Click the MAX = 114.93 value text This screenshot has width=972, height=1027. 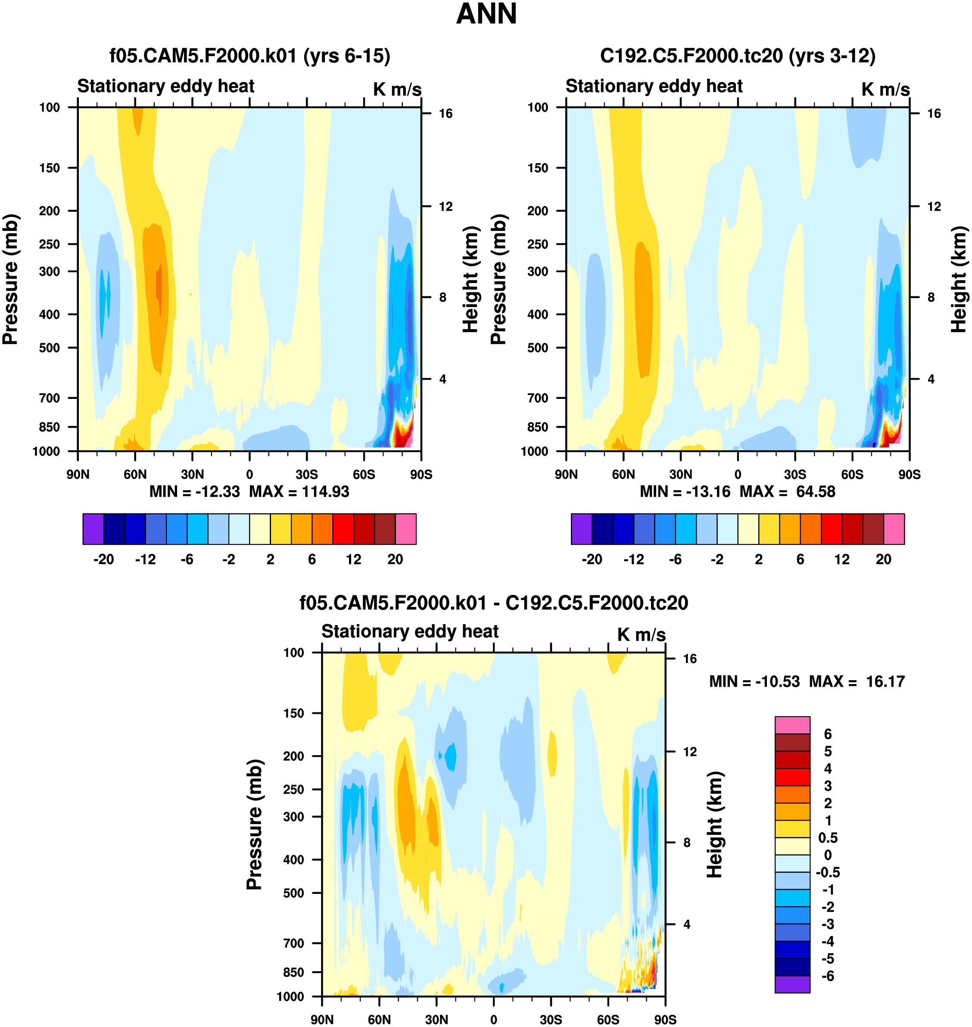(299, 491)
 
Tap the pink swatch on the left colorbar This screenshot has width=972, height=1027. (406, 529)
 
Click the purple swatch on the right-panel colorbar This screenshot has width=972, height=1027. (581, 529)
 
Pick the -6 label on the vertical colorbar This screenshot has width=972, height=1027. (827, 976)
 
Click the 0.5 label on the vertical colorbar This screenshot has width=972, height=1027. (827, 838)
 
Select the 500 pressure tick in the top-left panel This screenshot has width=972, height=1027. (49, 348)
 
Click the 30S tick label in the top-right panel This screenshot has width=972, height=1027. (795, 475)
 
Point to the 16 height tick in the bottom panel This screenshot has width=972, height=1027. (690, 659)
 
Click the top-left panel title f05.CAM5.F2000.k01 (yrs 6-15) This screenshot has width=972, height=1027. (250, 56)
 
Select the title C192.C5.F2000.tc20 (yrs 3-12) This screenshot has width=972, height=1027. (738, 56)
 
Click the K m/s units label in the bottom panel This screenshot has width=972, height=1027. (641, 635)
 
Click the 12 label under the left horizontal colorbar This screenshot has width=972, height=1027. (353, 560)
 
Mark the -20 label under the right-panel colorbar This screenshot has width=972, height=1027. (592, 560)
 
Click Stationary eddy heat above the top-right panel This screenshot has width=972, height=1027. (654, 86)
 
